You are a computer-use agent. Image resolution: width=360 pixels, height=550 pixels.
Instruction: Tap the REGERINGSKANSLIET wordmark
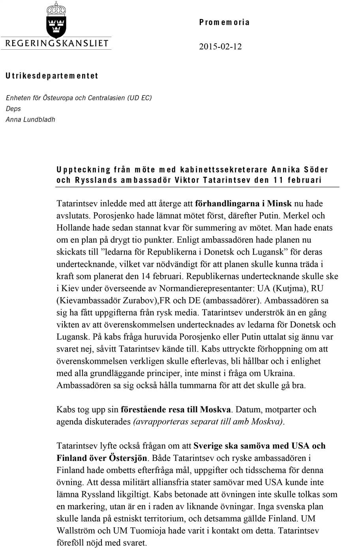pos(56,43)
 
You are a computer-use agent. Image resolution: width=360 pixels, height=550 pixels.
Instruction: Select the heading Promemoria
pos(224,22)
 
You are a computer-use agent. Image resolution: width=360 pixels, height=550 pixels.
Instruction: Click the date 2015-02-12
pos(220,47)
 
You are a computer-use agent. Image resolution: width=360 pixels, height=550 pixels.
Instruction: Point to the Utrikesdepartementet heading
pos(52,76)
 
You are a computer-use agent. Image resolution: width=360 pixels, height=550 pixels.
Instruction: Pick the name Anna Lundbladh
pos(30,119)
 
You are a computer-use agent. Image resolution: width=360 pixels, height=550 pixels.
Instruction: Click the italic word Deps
pos(13,109)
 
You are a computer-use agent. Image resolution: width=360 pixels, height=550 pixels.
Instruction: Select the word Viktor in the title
pos(187,180)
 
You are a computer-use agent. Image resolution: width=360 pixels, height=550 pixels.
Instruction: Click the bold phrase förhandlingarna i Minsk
pos(243,204)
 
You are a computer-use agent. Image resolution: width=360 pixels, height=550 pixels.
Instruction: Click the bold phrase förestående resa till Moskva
pos(177,410)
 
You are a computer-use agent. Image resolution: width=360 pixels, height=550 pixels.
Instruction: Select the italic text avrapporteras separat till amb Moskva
pos(208,421)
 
